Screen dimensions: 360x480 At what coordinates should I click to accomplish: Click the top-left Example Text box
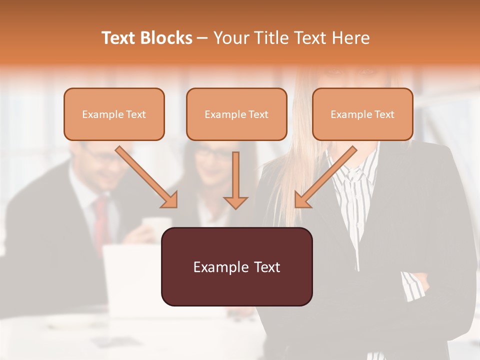114,114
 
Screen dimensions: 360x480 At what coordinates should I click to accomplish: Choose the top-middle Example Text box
236,114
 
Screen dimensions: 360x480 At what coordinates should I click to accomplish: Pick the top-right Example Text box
362,114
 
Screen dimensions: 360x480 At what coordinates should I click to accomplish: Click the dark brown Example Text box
236,266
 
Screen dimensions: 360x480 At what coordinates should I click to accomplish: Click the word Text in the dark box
265,267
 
